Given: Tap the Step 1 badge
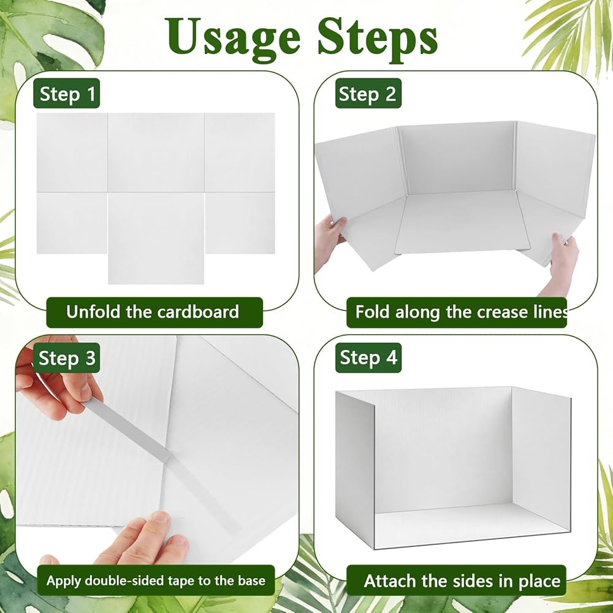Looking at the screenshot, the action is coord(66,93).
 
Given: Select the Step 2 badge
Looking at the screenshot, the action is coord(368,93).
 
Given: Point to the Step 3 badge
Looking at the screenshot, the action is coord(66,358).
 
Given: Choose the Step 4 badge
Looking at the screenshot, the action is coord(368,358).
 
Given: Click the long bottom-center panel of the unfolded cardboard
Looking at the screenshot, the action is coord(156,238).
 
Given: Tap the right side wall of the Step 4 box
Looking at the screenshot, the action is coord(541,462).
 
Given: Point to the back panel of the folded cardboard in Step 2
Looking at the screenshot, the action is coord(458,158).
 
